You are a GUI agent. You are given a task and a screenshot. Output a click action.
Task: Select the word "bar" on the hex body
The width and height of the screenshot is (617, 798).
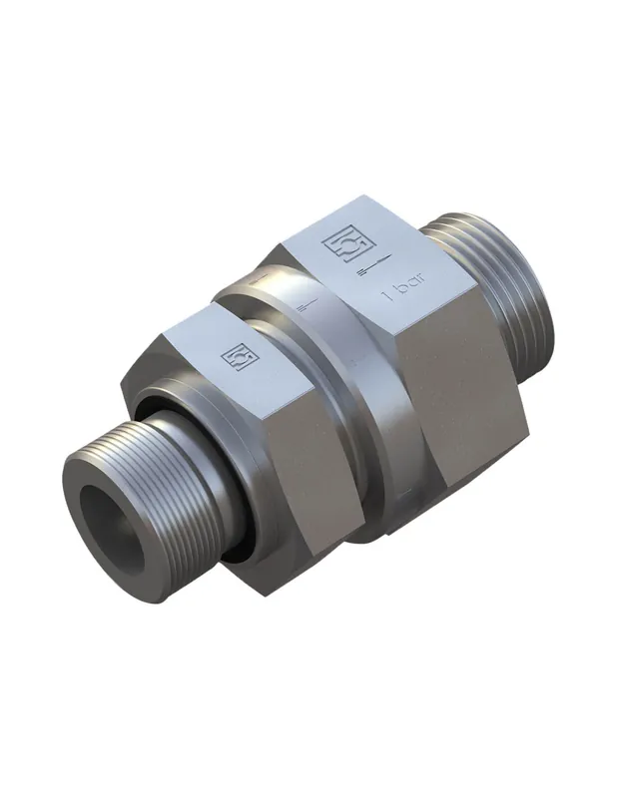coord(411,286)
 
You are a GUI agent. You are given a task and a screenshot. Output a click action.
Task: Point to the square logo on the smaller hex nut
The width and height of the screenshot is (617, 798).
coord(240,357)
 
